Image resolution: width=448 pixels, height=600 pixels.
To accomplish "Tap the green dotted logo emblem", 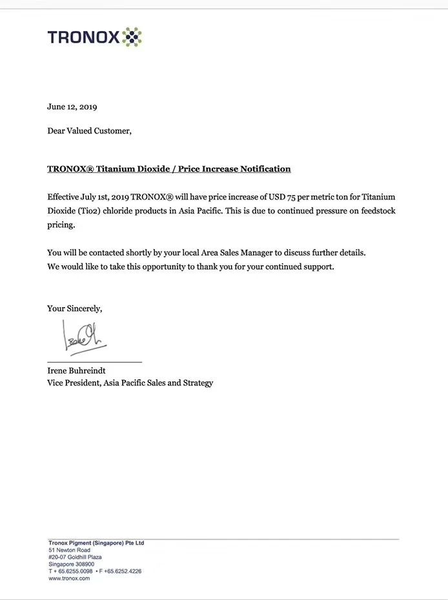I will click(x=132, y=37).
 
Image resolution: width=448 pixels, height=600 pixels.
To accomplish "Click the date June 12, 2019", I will click(x=72, y=106).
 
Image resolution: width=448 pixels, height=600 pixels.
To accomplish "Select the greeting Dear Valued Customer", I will click(x=89, y=130).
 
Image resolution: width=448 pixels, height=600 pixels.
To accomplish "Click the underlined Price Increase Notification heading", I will click(x=169, y=169).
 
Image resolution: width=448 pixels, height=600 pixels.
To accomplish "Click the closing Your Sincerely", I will click(x=75, y=308).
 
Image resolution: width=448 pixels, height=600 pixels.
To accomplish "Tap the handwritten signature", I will click(x=84, y=337).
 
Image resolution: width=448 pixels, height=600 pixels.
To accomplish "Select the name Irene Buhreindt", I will click(x=76, y=371).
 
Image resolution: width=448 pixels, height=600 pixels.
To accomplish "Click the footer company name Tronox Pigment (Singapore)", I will click(x=96, y=543).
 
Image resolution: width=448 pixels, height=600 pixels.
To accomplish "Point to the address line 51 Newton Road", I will click(x=69, y=550).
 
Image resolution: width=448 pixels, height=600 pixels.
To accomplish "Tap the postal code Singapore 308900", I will click(x=71, y=565).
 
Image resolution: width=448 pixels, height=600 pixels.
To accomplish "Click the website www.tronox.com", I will click(x=69, y=579).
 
